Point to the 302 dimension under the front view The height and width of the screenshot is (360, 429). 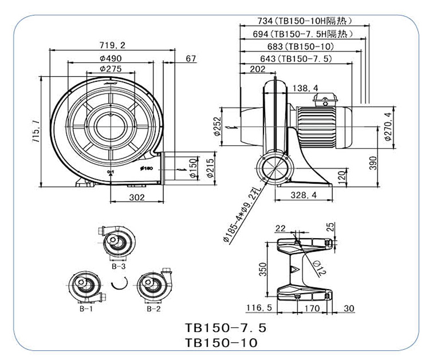136,197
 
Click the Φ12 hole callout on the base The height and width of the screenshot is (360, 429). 319,265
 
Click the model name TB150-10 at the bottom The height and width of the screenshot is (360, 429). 222,342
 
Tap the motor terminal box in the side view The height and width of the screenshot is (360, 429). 324,101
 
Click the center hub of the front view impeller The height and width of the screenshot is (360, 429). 108,122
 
